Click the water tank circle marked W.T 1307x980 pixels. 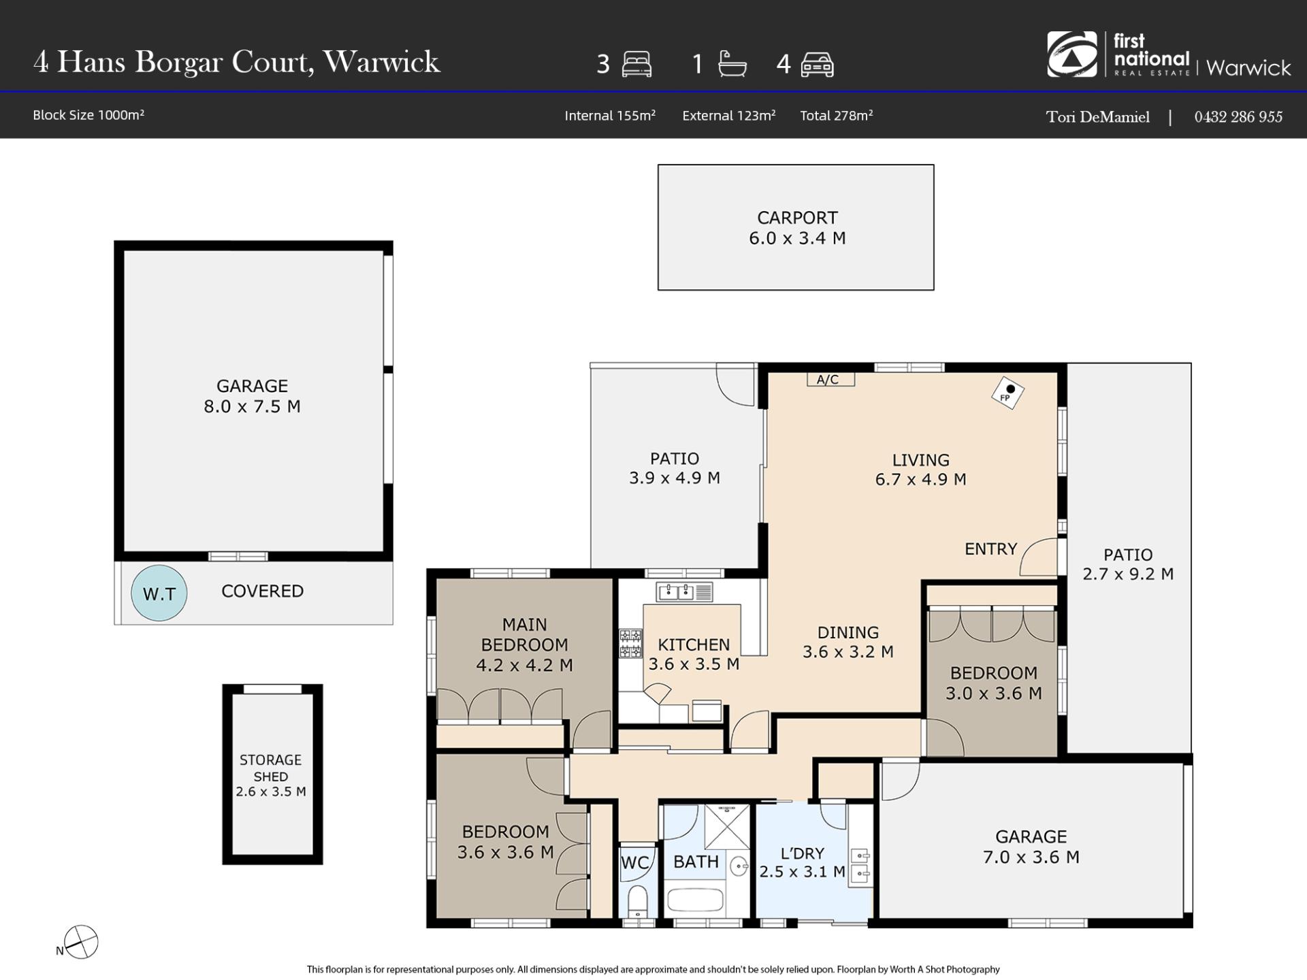tap(159, 593)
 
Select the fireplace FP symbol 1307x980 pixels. tap(1007, 392)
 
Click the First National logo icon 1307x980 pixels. tap(1071, 54)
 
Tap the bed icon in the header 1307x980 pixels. tap(636, 64)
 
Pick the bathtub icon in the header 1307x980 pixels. tap(732, 64)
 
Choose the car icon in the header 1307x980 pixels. tap(817, 65)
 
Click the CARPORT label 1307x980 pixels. tap(797, 218)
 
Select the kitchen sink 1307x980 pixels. tap(684, 592)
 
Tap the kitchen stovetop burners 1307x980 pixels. tap(630, 644)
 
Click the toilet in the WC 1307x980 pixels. tap(637, 900)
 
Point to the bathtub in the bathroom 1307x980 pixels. tap(695, 900)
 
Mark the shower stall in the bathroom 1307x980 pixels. tap(727, 827)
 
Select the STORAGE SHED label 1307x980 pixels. tap(271, 768)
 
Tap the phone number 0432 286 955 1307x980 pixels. tap(1238, 117)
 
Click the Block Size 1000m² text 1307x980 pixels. tap(88, 115)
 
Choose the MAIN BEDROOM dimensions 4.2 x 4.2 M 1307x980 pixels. tap(524, 665)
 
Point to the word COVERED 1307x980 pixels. tap(263, 591)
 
